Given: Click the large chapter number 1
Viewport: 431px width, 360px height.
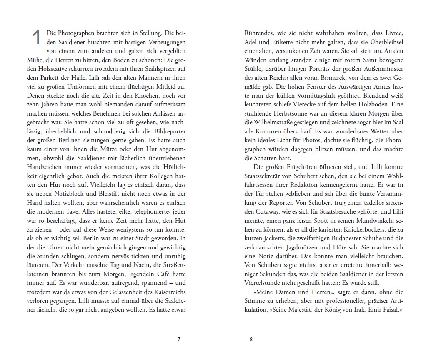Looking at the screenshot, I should [x=37, y=37].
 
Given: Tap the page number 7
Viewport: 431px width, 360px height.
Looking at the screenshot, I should [x=179, y=339].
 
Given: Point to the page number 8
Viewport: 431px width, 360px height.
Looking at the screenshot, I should [x=251, y=339].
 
